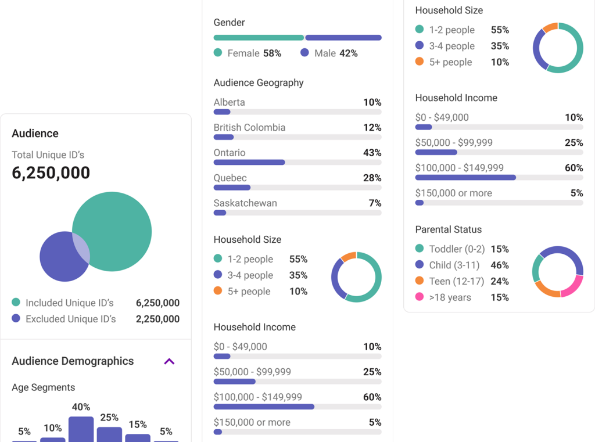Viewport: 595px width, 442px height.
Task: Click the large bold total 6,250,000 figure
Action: click(x=51, y=173)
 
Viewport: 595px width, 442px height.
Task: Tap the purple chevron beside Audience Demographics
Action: click(x=169, y=361)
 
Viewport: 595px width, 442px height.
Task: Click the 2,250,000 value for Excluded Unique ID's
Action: click(x=157, y=319)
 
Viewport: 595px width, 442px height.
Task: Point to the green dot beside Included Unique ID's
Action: click(x=16, y=303)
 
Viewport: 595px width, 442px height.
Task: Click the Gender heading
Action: click(x=229, y=23)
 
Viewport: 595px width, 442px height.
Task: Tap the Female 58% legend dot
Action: click(x=218, y=53)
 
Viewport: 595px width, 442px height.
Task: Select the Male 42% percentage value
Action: click(x=348, y=53)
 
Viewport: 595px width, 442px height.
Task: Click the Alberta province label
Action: click(x=229, y=102)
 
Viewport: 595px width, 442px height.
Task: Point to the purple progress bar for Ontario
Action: click(x=249, y=163)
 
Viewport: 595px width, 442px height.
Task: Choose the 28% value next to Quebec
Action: click(x=372, y=178)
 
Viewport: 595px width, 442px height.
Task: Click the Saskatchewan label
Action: click(x=245, y=203)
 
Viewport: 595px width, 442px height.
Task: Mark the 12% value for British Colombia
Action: click(x=372, y=127)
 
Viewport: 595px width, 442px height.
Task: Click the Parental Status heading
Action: click(x=448, y=229)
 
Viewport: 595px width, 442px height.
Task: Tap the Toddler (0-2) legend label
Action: click(x=457, y=249)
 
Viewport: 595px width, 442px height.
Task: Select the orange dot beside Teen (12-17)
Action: click(x=420, y=281)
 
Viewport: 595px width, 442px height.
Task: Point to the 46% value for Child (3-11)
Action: click(x=500, y=265)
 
